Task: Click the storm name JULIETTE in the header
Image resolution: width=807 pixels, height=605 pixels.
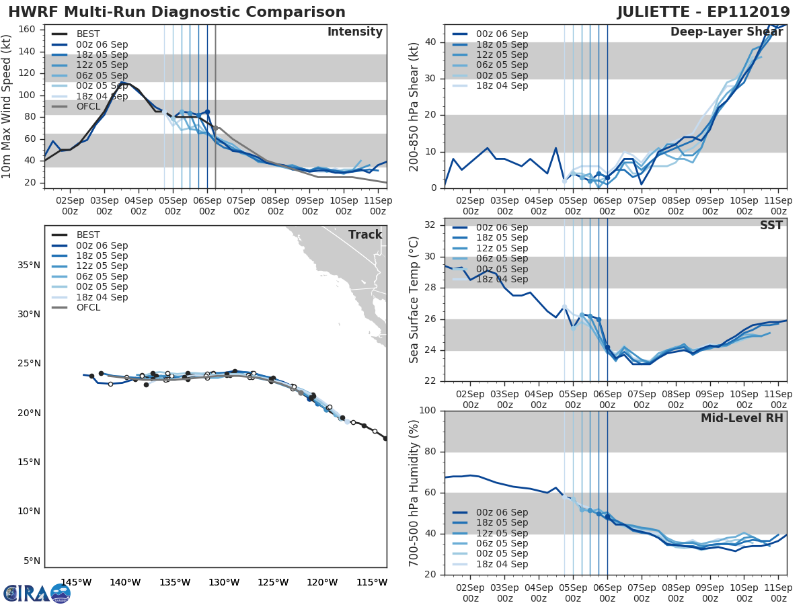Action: coord(662,12)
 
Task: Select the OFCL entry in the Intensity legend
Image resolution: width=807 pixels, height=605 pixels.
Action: coord(88,106)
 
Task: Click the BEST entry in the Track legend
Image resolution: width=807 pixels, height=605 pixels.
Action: coord(88,235)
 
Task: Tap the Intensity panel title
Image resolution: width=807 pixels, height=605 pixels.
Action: coord(354,32)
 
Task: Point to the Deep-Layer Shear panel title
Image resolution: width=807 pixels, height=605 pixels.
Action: coord(726,32)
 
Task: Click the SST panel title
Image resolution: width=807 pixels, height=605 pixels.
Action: coord(771,225)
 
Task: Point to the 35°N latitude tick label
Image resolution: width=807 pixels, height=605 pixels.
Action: coord(27,265)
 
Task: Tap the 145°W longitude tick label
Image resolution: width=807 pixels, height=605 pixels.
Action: coord(76,582)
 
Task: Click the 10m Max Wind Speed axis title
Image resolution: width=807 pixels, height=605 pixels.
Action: coord(7,108)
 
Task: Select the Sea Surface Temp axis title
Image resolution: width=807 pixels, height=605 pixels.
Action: coord(414,300)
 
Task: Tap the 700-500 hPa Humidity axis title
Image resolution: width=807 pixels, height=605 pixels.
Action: coord(414,493)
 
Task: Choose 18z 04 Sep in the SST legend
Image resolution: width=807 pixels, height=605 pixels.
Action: coord(501,279)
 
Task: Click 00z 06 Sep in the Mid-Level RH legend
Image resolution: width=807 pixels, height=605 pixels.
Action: coord(501,512)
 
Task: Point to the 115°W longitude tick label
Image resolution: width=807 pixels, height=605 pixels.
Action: coord(372,582)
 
